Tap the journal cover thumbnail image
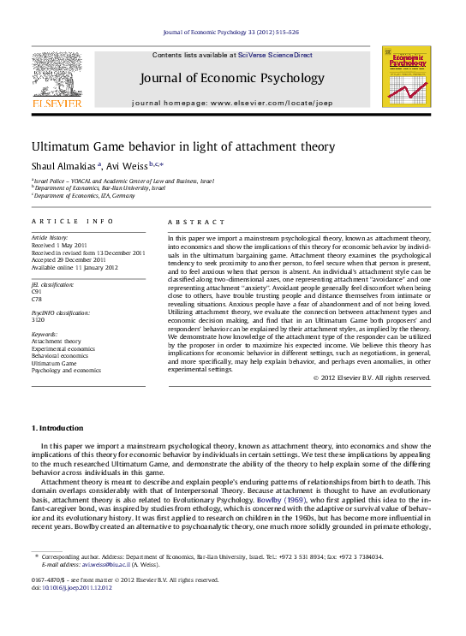pos(406,77)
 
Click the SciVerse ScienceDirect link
pos(275,55)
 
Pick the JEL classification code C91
pos(37,291)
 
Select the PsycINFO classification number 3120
pos(38,318)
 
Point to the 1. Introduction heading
pos(57,427)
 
